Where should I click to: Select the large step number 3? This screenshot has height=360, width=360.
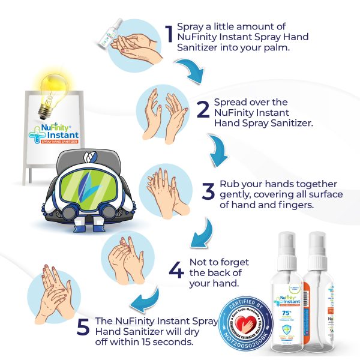coord(208,192)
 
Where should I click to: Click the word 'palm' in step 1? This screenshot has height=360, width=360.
coord(276,48)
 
